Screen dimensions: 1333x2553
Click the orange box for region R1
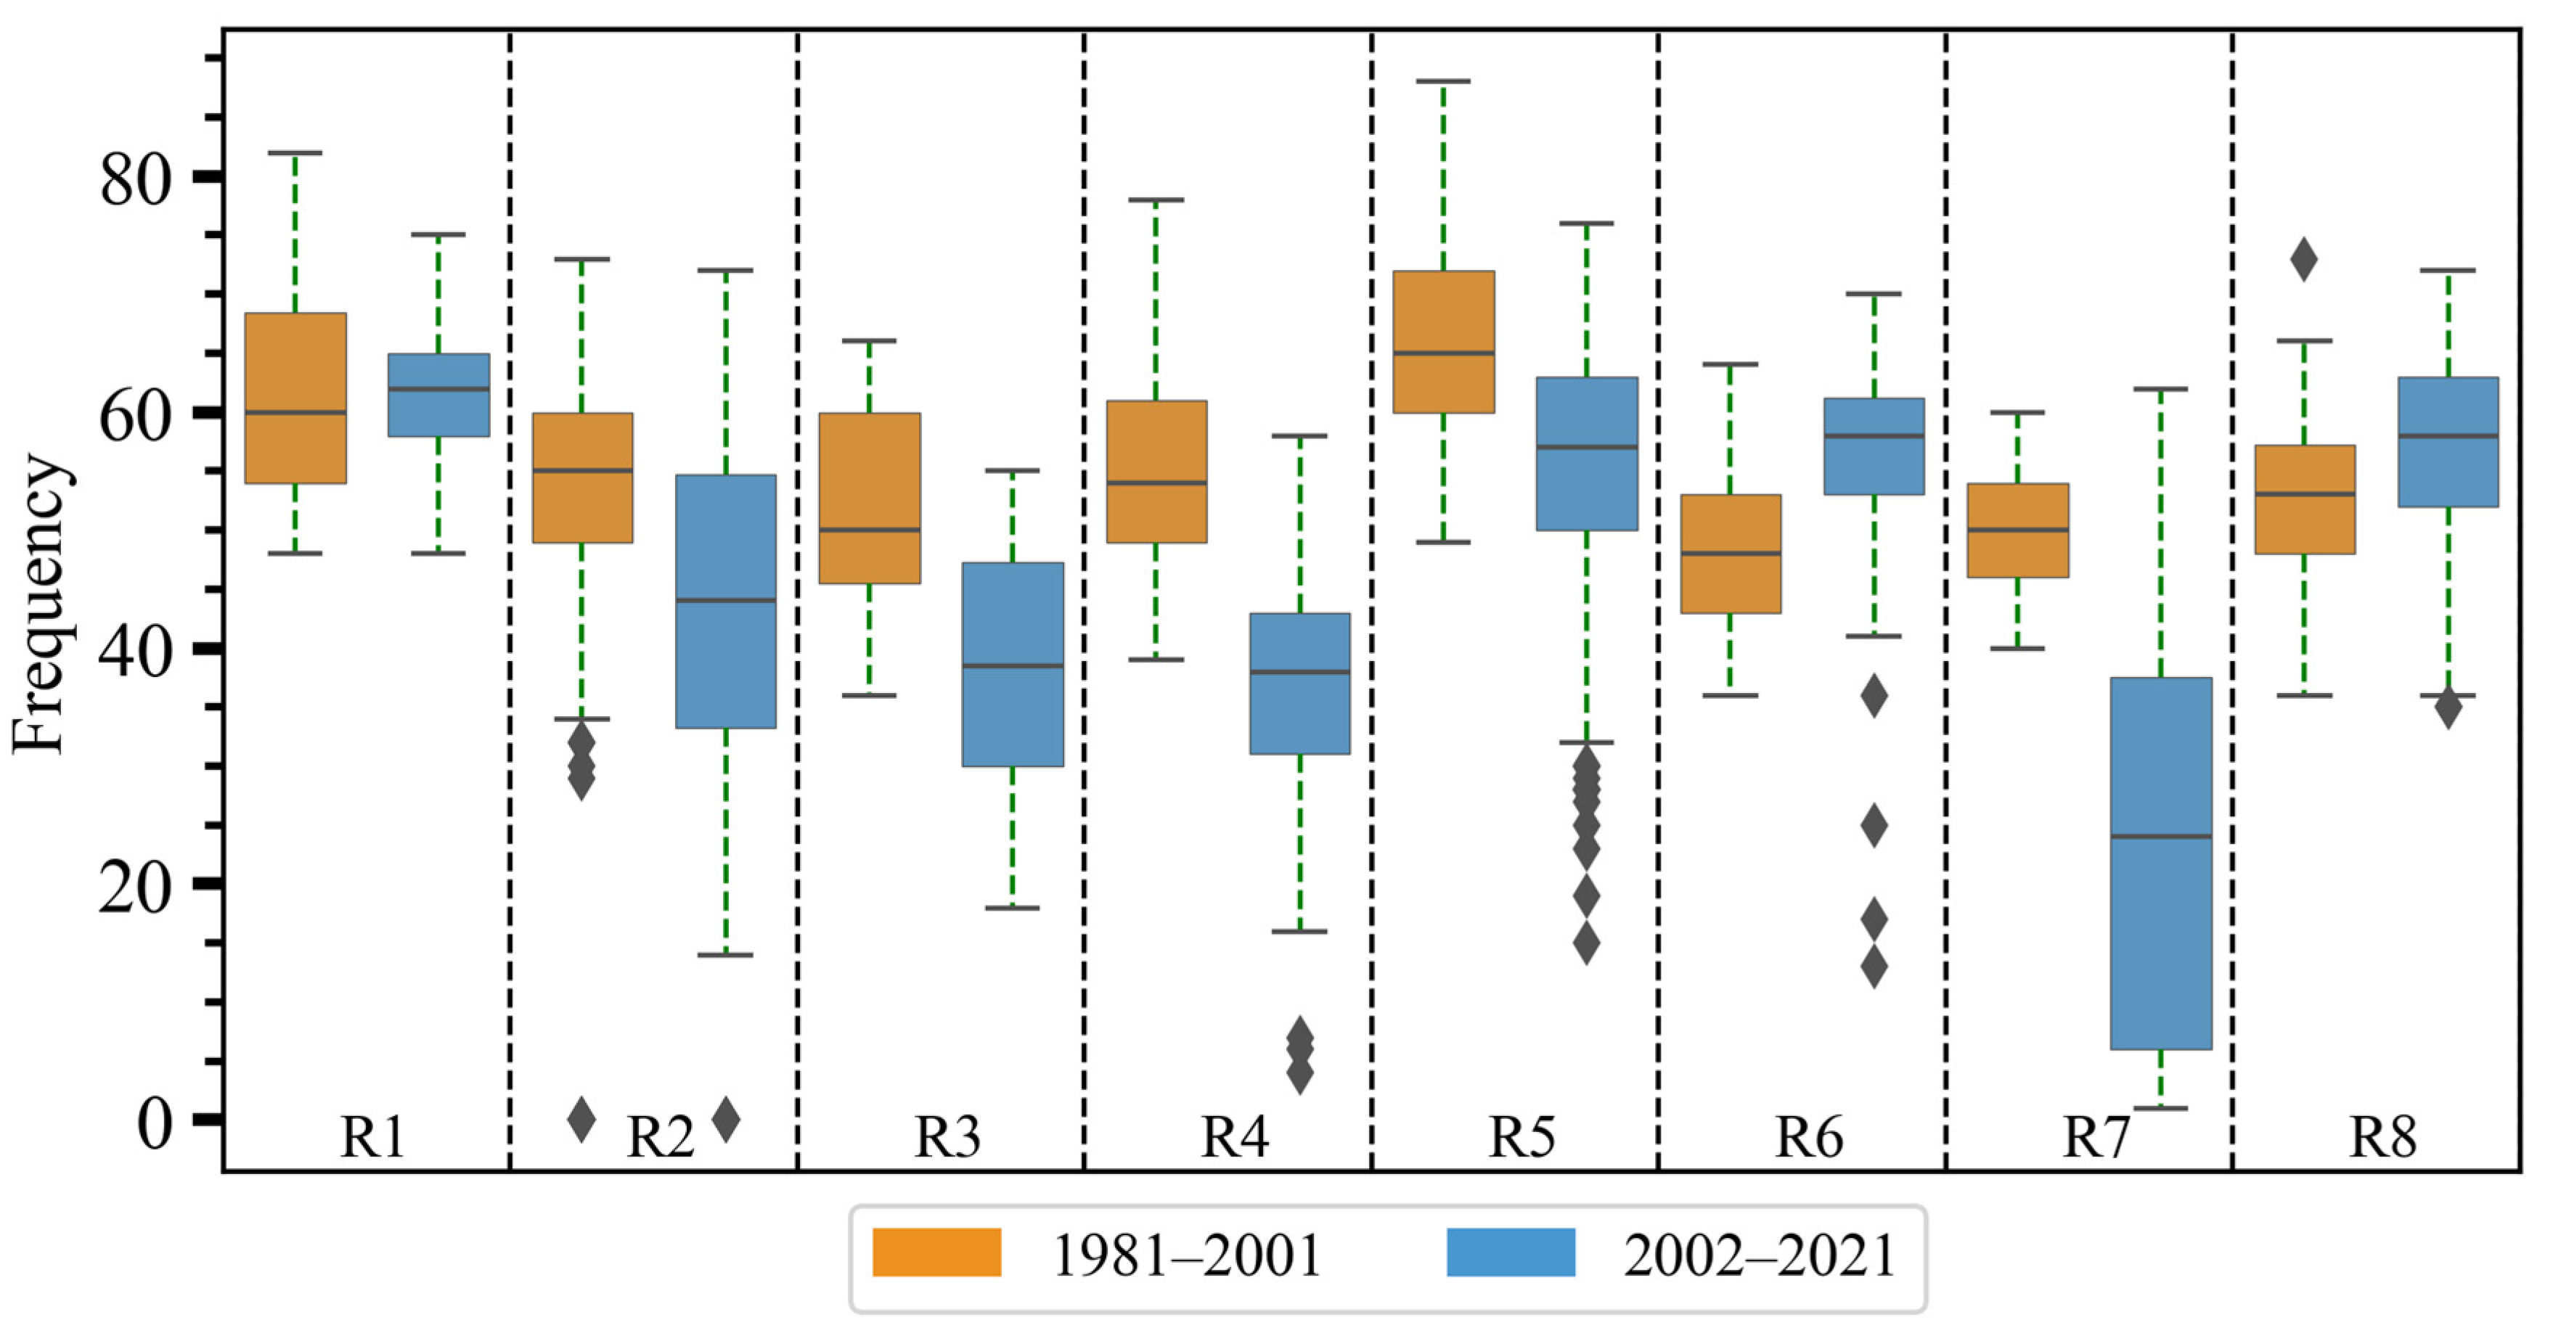[295, 398]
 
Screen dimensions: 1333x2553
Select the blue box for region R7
[2160, 862]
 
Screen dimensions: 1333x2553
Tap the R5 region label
[1521, 1137]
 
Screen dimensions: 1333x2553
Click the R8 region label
[2382, 1137]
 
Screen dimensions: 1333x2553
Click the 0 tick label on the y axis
[154, 1123]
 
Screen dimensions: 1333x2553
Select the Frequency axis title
[40, 604]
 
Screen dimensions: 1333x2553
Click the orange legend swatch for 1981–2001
[936, 1252]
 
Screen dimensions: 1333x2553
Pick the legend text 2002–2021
[1759, 1255]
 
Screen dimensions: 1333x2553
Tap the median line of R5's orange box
[1443, 353]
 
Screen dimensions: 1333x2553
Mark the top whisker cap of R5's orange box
[1443, 81]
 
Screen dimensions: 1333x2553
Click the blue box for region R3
[1013, 664]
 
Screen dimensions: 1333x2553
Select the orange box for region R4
[1156, 472]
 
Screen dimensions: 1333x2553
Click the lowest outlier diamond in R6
[1873, 967]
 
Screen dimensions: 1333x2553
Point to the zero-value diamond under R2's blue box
[727, 1120]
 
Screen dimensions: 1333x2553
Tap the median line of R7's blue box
[2160, 837]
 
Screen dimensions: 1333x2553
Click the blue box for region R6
[1873, 446]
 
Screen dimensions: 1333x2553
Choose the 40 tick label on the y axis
[135, 651]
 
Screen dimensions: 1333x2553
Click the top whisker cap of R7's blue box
[2160, 390]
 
